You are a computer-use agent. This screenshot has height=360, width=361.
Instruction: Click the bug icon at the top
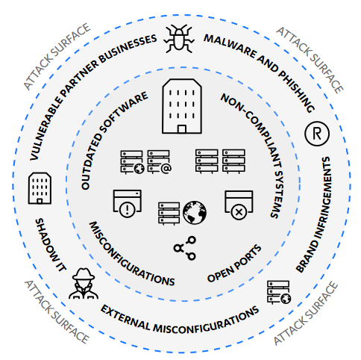pos(179,39)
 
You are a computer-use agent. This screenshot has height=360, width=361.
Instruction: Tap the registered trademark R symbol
pos(317,134)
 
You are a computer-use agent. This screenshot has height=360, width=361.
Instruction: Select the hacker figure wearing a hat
pos(84,283)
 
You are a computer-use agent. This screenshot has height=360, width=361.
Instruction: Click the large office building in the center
pos(182,106)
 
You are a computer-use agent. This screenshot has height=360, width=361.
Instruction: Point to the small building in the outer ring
pos(40,188)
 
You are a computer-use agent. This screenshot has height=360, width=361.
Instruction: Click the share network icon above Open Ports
pos(185,248)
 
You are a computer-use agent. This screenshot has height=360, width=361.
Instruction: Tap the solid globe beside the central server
pos(195,213)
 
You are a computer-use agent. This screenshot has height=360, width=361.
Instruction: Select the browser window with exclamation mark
pos(128,204)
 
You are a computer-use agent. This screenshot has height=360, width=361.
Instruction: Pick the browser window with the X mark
pos(239,205)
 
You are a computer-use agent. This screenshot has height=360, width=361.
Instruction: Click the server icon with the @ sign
pos(159,162)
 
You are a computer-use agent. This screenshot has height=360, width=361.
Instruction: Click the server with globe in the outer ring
pos(279,293)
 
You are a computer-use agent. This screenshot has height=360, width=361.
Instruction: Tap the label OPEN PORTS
pos(234,264)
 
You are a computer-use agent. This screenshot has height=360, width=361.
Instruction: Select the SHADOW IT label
pos(51,245)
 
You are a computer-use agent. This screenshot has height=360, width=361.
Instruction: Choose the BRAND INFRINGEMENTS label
pos(315,214)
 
